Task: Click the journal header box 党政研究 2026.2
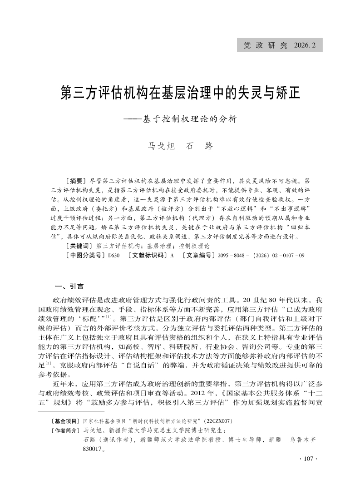pos(280,45)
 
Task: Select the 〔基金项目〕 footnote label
pos(65,421)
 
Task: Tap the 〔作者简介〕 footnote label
pos(65,430)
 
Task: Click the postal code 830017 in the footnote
pos(93,448)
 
